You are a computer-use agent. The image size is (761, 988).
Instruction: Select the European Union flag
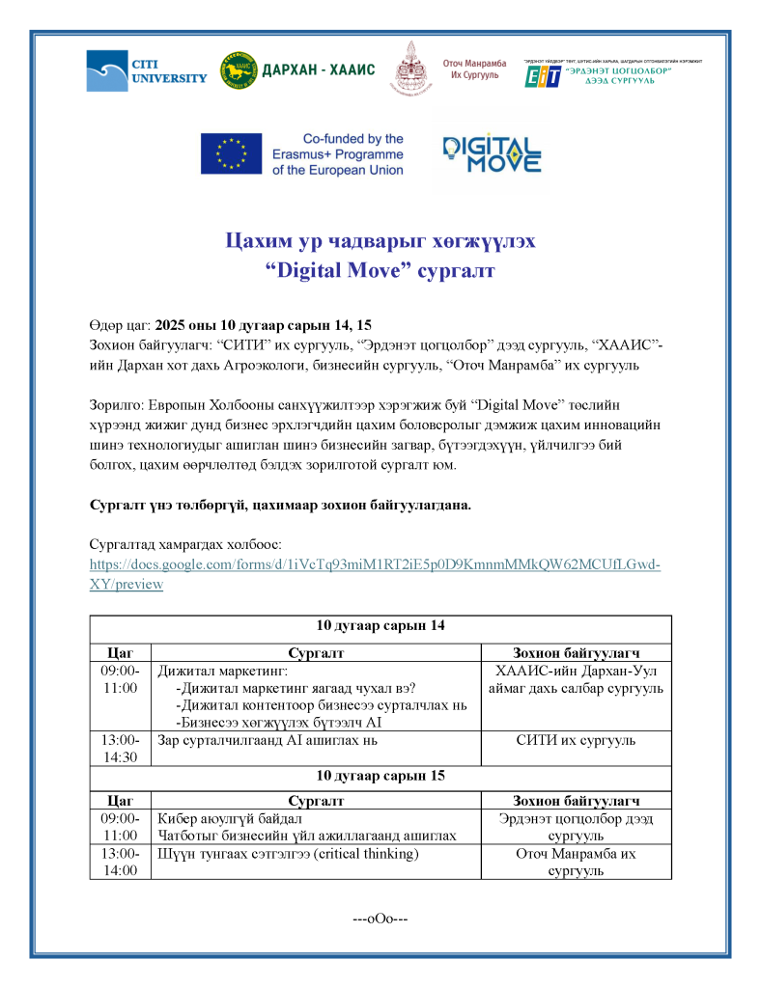click(231, 153)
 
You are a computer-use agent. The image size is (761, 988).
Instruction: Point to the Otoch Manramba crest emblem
click(410, 69)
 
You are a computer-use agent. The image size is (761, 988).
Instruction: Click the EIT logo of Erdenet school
click(542, 76)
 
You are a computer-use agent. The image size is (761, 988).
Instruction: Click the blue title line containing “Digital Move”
click(380, 271)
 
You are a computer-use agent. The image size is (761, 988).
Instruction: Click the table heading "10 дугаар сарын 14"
click(380, 625)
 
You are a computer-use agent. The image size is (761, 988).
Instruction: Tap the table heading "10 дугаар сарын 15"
click(380, 775)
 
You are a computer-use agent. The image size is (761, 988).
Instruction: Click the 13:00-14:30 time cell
click(121, 749)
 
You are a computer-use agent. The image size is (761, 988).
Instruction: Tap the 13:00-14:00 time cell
click(121, 862)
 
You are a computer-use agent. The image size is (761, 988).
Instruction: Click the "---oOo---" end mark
click(380, 918)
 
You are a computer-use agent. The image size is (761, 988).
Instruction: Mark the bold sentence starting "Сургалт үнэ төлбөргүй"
click(280, 505)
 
